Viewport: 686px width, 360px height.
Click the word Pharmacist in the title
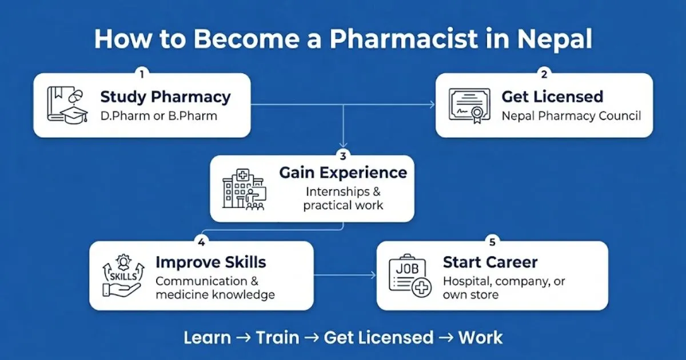[404, 39]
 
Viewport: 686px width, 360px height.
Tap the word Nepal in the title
[555, 40]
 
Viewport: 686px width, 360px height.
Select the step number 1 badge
[142, 74]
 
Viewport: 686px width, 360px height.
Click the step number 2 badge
[544, 74]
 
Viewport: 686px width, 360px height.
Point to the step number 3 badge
[343, 156]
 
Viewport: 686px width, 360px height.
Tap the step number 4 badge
[201, 242]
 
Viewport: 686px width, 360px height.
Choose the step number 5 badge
[492, 242]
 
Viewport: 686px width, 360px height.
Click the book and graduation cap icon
[67, 105]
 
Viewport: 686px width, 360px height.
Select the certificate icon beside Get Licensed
[469, 106]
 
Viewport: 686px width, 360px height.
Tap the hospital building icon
[245, 190]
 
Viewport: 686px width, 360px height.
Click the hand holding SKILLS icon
[123, 275]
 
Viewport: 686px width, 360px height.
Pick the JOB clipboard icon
[410, 276]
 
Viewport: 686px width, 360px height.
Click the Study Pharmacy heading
[165, 97]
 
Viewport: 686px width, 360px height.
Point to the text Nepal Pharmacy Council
[571, 116]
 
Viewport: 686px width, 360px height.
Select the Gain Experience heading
[343, 173]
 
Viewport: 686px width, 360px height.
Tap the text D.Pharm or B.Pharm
[159, 116]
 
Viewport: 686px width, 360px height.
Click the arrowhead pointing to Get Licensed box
[432, 105]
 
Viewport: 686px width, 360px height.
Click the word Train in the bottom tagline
[277, 338]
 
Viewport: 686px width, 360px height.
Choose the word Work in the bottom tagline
[481, 338]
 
